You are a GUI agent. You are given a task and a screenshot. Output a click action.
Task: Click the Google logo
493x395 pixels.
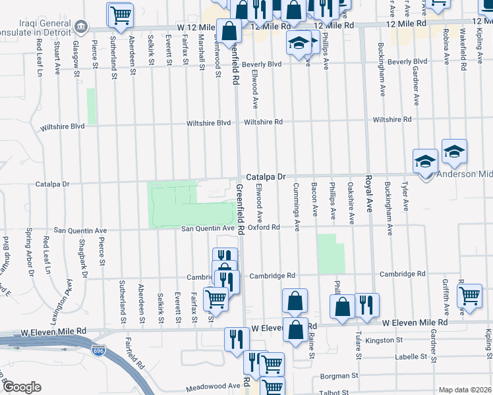[22, 387]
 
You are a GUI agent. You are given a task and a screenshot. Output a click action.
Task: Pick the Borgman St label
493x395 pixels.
[338, 377]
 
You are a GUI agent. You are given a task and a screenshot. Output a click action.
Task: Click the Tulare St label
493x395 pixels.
[359, 346]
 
